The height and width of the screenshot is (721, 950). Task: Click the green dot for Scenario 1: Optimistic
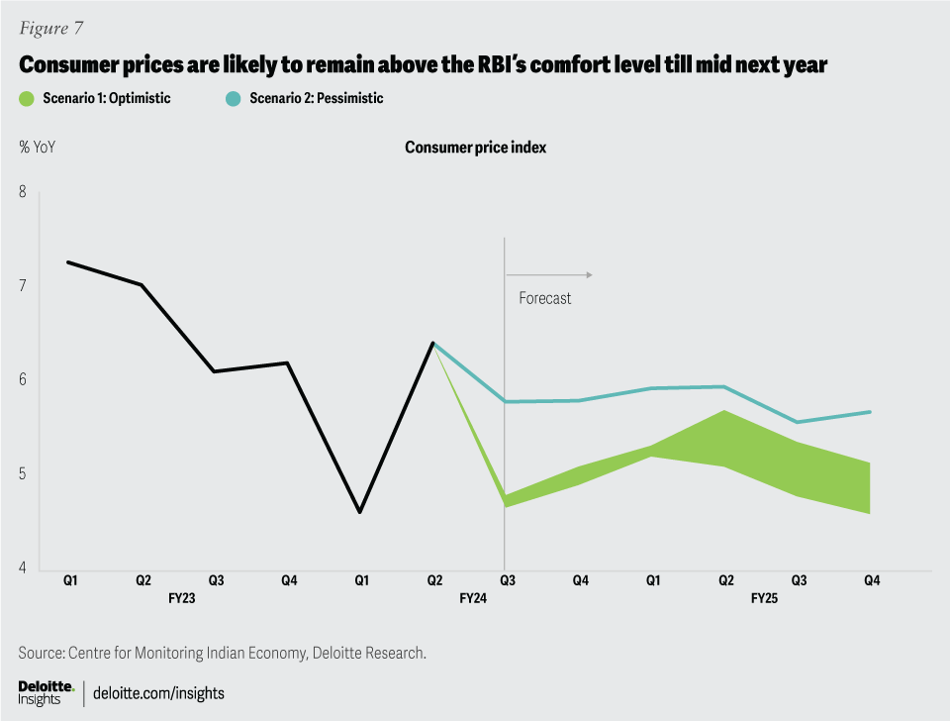pos(27,99)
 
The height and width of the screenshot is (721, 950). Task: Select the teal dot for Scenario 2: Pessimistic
pos(234,99)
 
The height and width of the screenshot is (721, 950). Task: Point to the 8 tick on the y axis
pos(23,191)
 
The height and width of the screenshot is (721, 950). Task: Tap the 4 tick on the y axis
pos(23,568)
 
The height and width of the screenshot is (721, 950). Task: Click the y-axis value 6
pos(23,380)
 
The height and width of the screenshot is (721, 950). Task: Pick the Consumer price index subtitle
pos(475,148)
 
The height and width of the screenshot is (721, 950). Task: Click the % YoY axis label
pos(37,148)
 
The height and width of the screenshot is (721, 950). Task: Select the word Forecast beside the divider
pos(545,298)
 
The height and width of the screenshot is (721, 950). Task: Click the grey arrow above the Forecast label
pos(549,274)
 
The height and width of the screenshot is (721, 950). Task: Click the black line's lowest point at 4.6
pos(359,512)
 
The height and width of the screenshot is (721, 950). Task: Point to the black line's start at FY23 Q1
pos(67,261)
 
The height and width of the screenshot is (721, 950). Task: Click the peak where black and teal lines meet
pos(432,343)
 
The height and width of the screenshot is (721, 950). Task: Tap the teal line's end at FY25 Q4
pos(870,412)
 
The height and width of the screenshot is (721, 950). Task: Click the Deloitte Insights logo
pos(46,693)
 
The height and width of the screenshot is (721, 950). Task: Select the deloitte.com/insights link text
pos(158,693)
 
